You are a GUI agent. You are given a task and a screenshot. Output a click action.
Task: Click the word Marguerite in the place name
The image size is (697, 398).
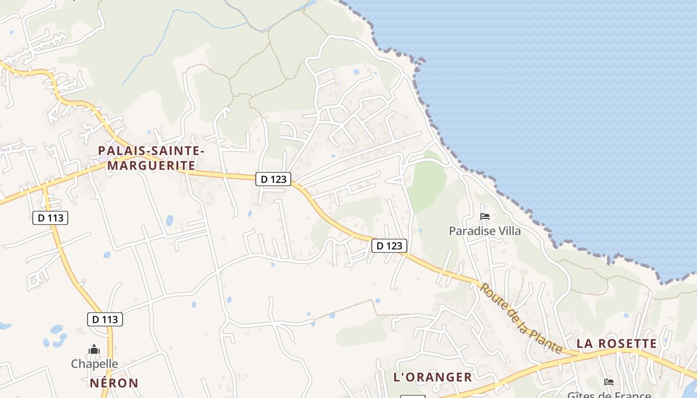[x=151, y=165]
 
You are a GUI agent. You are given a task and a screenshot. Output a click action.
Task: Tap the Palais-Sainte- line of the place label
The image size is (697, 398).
[x=151, y=150]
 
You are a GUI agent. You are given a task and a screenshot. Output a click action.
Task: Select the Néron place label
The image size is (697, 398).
[x=114, y=383]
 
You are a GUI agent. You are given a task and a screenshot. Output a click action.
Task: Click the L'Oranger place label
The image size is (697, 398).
[x=433, y=377]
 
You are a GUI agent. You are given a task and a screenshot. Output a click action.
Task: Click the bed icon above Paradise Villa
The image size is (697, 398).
[x=485, y=216]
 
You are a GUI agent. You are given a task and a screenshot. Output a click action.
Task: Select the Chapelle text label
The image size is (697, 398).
[x=95, y=364]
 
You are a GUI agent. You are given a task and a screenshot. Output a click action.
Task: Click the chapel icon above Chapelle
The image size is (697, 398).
[x=94, y=350]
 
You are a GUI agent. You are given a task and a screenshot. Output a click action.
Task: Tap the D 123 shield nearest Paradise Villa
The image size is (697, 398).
[x=389, y=246]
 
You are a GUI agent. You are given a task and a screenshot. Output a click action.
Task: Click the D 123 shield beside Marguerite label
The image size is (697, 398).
[x=273, y=179]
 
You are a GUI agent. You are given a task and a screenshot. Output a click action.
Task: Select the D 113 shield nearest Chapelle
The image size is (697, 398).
[x=105, y=319]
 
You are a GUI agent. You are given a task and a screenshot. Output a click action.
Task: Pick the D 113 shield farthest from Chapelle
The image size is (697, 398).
[x=50, y=217]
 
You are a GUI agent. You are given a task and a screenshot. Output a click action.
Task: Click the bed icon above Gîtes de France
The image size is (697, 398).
[x=608, y=382]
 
